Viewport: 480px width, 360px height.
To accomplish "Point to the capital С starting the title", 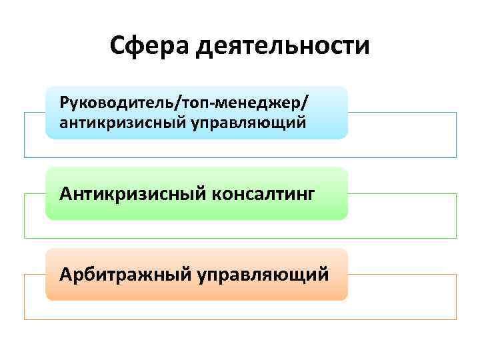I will [118, 46].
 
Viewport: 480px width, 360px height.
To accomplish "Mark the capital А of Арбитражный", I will [65, 274].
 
